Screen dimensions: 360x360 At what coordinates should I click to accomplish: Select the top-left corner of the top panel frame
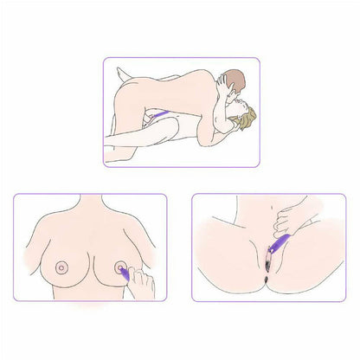(104, 58)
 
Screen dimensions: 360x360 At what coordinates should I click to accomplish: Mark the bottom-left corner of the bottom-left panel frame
(13, 299)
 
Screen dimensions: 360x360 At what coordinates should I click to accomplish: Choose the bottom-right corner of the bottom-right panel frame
(345, 299)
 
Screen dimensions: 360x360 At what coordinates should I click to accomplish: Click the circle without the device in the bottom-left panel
(60, 267)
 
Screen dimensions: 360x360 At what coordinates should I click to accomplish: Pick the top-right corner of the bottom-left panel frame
(168, 195)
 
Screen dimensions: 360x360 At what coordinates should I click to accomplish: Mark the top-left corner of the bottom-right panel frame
(191, 195)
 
